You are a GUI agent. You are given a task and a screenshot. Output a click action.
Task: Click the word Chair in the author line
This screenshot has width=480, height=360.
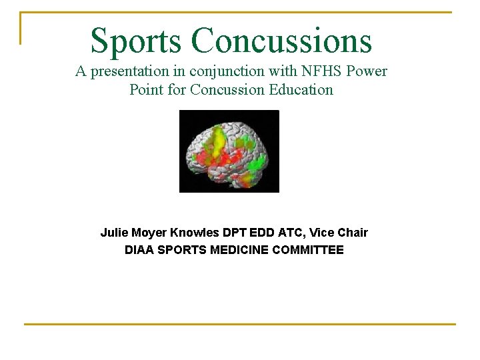point(352,233)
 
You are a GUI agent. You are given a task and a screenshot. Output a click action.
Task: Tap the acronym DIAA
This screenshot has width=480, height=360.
point(139,251)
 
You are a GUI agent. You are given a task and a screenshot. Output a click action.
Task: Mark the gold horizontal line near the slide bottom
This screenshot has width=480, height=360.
point(240,324)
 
